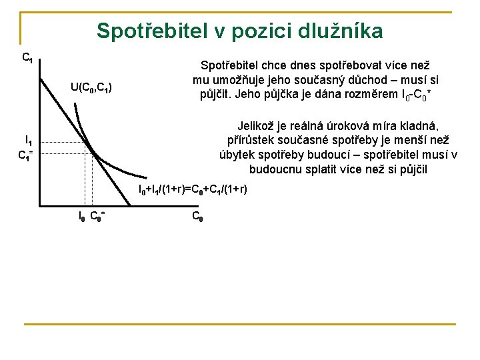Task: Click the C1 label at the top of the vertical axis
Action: pyautogui.click(x=28, y=58)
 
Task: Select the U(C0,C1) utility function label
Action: pyautogui.click(x=91, y=87)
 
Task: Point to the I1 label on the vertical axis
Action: pyautogui.click(x=29, y=141)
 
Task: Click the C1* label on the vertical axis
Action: pyautogui.click(x=27, y=157)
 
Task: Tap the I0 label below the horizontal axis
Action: pyautogui.click(x=80, y=215)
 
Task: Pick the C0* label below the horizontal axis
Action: pyautogui.click(x=98, y=215)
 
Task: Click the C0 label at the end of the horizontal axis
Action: pyautogui.click(x=197, y=215)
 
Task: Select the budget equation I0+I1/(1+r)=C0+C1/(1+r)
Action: pyautogui.click(x=193, y=190)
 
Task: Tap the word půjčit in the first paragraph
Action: pyautogui.click(x=217, y=94)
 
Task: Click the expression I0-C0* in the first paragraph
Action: pyautogui.click(x=417, y=95)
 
